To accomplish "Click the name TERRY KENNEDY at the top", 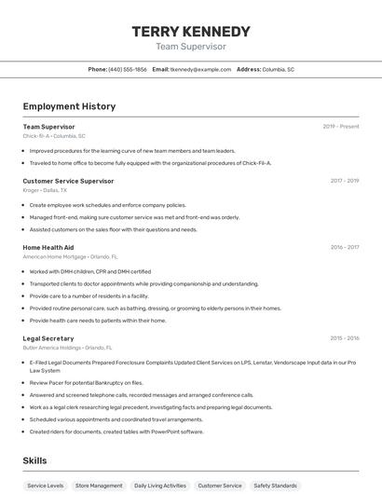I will [191, 31].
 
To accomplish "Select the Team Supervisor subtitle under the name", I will [191, 47].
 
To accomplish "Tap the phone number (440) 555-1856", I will [128, 69].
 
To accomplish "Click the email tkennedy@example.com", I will [200, 69].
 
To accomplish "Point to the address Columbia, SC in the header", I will [278, 69].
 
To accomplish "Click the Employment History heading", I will [69, 106].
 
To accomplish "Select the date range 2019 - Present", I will [341, 126].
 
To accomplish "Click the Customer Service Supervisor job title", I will [68, 181].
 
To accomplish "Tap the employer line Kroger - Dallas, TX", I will [46, 189].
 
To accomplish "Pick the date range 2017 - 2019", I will [345, 181].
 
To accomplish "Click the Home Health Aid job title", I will [48, 247].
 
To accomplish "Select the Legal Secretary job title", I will [48, 338].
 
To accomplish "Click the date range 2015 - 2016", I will [345, 338].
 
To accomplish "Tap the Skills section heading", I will [34, 460].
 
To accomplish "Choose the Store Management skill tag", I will [99, 486].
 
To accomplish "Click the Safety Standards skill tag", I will [275, 486].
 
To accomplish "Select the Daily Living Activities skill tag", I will [159, 486].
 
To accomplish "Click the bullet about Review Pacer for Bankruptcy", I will [86, 382].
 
